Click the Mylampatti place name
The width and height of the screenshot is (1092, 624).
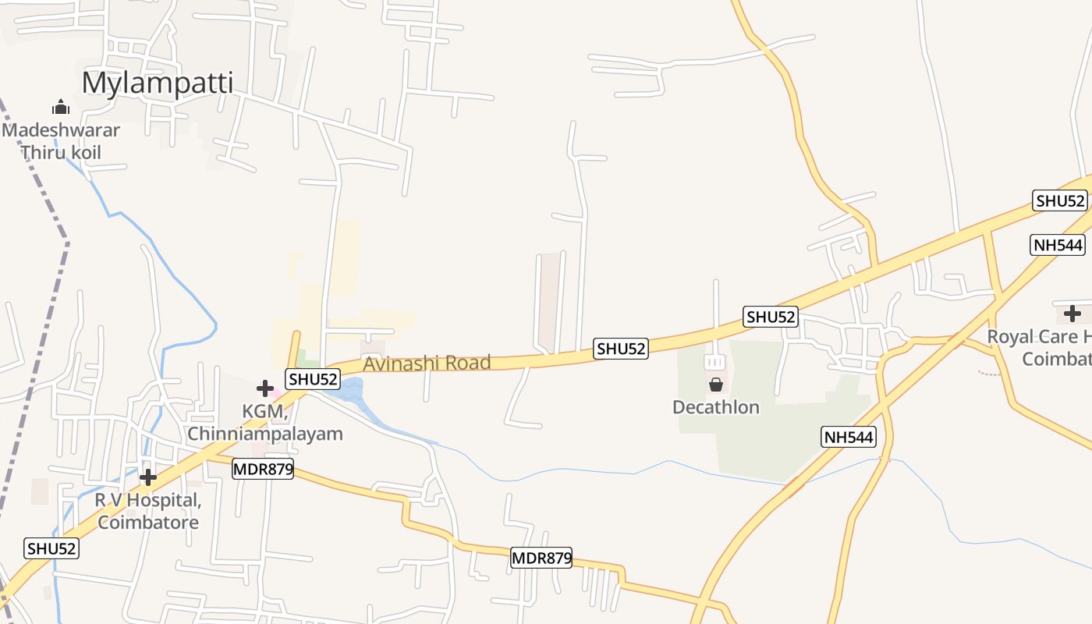pyautogui.click(x=158, y=83)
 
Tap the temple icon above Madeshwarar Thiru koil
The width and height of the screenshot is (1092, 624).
pyautogui.click(x=61, y=108)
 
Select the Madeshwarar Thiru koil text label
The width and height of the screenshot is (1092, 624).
pyautogui.click(x=61, y=140)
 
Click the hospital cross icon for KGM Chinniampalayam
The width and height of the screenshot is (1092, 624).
pyautogui.click(x=265, y=388)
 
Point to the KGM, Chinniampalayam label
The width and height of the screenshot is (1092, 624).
pyautogui.click(x=265, y=423)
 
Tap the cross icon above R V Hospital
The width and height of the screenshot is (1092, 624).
pyautogui.click(x=148, y=477)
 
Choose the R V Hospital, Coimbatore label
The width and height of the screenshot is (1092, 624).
pyautogui.click(x=148, y=511)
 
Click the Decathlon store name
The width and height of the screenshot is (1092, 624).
pyautogui.click(x=716, y=407)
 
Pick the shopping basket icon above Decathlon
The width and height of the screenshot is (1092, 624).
pyautogui.click(x=715, y=385)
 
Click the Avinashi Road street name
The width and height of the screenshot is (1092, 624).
pyautogui.click(x=427, y=363)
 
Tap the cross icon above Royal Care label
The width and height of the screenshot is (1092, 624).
pyautogui.click(x=1072, y=314)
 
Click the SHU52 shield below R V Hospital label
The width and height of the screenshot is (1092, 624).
pyautogui.click(x=51, y=548)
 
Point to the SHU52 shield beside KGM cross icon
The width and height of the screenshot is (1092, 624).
pyautogui.click(x=313, y=380)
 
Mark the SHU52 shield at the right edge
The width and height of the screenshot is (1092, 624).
pyautogui.click(x=1060, y=200)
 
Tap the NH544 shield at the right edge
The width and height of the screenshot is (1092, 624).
pyautogui.click(x=1058, y=245)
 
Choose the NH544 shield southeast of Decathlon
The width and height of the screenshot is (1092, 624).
pyautogui.click(x=849, y=437)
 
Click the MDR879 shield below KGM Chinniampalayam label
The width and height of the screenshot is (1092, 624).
pyautogui.click(x=263, y=469)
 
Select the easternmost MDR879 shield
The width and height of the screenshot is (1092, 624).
pyautogui.click(x=541, y=558)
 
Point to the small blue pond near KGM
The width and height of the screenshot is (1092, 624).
pyautogui.click(x=347, y=388)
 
